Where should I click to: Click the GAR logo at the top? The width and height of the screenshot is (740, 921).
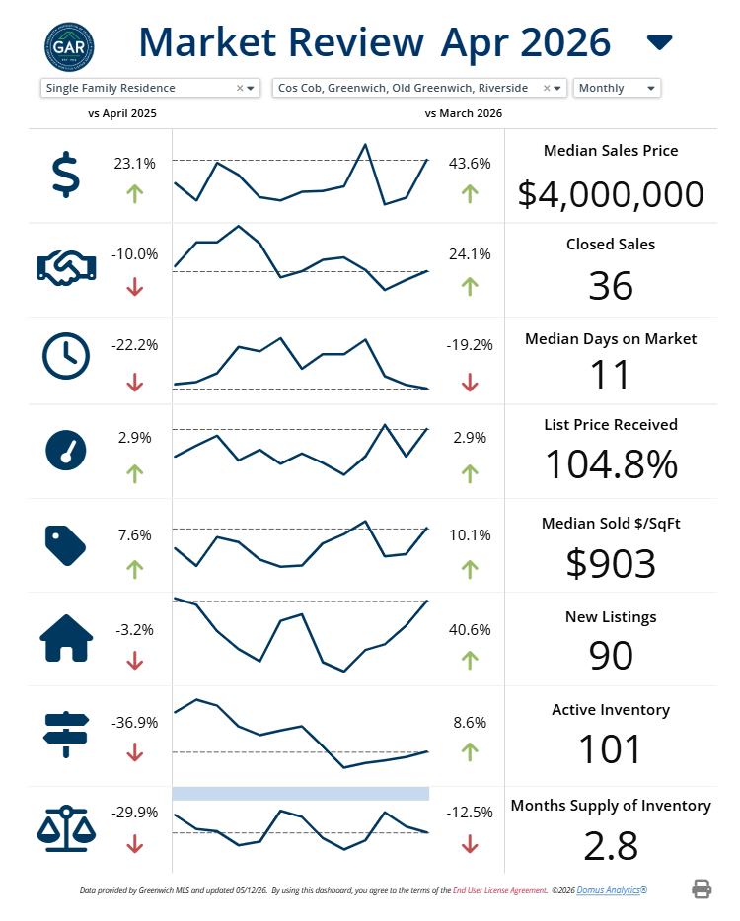[x=69, y=47]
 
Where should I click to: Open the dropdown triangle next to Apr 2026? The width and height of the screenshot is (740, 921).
[x=659, y=42]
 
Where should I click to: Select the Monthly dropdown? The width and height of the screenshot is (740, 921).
[x=617, y=88]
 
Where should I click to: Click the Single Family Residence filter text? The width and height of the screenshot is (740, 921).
[x=111, y=88]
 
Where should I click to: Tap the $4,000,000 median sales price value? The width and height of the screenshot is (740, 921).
[x=611, y=194]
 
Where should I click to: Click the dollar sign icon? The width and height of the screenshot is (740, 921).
[x=66, y=175]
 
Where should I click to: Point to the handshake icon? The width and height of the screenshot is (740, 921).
[x=66, y=268]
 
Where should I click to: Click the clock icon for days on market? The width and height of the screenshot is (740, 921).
[x=66, y=356]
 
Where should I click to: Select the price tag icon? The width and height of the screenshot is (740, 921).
[x=65, y=545]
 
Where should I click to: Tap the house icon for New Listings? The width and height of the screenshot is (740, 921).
[x=66, y=638]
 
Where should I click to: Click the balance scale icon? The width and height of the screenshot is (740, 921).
[x=66, y=828]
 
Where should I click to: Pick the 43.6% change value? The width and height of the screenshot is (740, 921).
[x=470, y=164]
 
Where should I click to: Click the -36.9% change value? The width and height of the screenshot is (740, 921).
[x=134, y=723]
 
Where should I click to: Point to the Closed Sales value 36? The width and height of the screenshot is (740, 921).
[x=611, y=286]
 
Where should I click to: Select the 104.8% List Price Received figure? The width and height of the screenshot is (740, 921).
[x=612, y=464]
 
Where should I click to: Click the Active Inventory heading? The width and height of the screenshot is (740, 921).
[x=611, y=710]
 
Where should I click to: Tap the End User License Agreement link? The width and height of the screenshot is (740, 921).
[x=499, y=890]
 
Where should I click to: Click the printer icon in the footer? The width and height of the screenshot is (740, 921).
[x=702, y=889]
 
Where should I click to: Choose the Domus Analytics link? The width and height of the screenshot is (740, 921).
[x=612, y=890]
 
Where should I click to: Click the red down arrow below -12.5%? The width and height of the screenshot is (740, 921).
[x=470, y=845]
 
